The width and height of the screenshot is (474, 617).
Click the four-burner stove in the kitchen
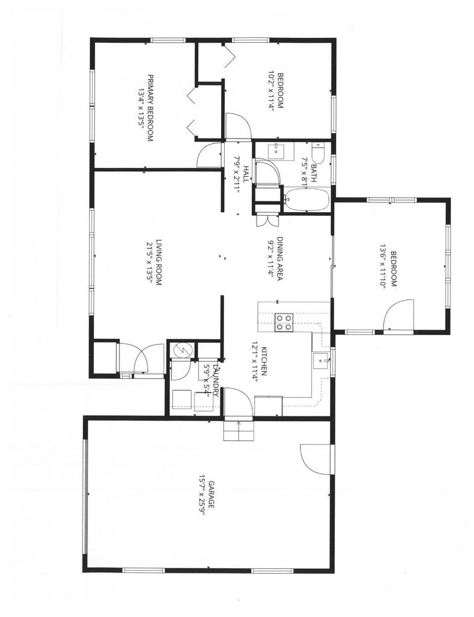[x=284, y=323]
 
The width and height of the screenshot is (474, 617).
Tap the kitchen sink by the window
[x=320, y=361]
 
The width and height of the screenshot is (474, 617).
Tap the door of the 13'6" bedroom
[x=399, y=315]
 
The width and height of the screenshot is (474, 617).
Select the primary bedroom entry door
[x=208, y=156]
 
